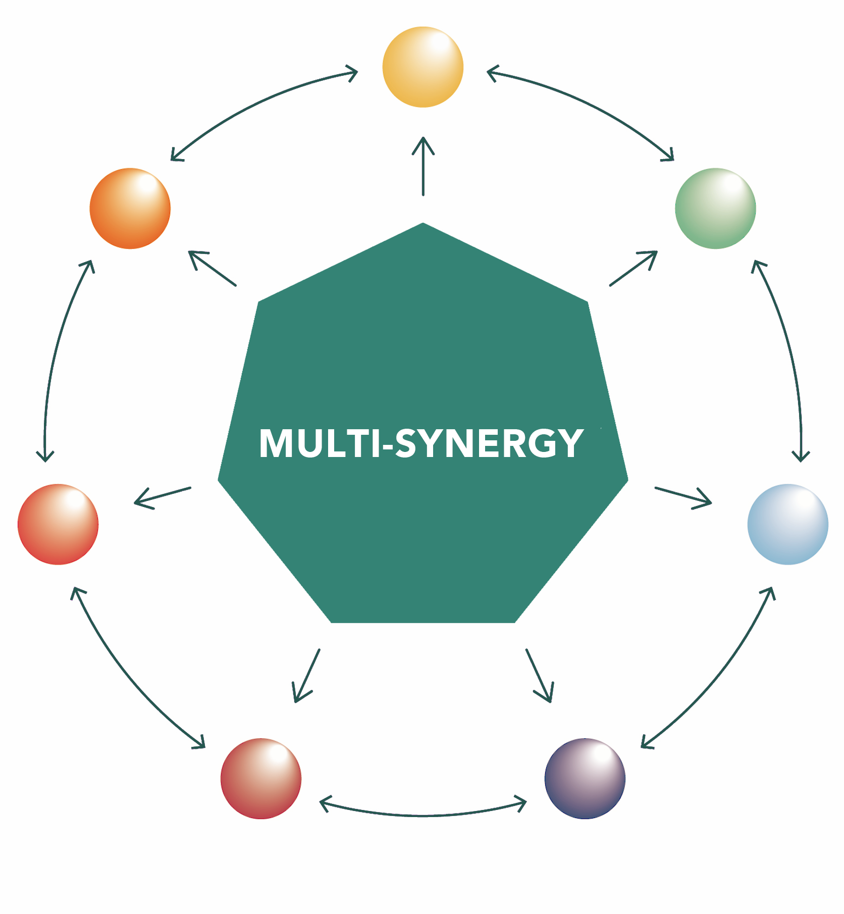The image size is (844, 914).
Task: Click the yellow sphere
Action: tap(423, 67)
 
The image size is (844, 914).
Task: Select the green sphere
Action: tap(715, 208)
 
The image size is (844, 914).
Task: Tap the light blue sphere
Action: tap(787, 524)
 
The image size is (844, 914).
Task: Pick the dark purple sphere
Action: tap(585, 778)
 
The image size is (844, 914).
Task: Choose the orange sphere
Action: tap(130, 208)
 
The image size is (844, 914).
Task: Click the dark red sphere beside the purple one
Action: tap(261, 778)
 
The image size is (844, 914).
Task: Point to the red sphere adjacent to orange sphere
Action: tap(58, 524)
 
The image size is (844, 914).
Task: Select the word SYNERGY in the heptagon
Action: tap(489, 444)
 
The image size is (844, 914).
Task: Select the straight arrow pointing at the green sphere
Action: tap(633, 268)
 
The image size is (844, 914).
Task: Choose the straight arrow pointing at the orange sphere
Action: tap(213, 268)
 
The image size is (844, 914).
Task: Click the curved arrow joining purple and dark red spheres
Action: tap(423, 815)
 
